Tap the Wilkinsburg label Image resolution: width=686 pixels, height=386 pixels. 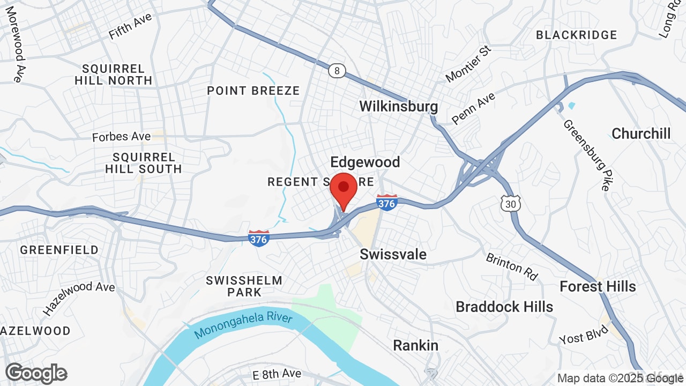pyautogui.click(x=398, y=106)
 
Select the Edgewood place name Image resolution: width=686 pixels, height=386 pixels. pyautogui.click(x=365, y=162)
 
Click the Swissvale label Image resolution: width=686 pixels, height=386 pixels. pyautogui.click(x=393, y=254)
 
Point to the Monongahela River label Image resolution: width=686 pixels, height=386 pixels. pyautogui.click(x=243, y=325)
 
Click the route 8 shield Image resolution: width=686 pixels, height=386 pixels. pyautogui.click(x=337, y=71)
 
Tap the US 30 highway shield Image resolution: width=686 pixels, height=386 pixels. pyautogui.click(x=511, y=203)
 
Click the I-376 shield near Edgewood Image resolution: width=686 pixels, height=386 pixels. pyautogui.click(x=386, y=203)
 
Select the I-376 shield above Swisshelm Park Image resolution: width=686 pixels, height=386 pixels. pyautogui.click(x=258, y=239)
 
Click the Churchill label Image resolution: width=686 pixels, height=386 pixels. pyautogui.click(x=641, y=133)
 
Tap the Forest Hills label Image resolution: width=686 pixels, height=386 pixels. pyautogui.click(x=598, y=286)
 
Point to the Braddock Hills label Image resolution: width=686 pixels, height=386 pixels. pyautogui.click(x=504, y=307)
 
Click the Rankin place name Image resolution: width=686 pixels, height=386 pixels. pyautogui.click(x=415, y=345)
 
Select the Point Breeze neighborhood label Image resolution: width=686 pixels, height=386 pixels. pyautogui.click(x=253, y=91)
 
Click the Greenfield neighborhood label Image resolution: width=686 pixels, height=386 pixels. pyautogui.click(x=59, y=250)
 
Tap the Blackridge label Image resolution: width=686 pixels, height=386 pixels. pyautogui.click(x=576, y=35)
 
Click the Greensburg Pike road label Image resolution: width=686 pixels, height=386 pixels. pyautogui.click(x=586, y=155)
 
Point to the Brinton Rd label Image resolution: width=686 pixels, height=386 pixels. pyautogui.click(x=511, y=267)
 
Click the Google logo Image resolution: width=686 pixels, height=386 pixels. pyautogui.click(x=36, y=374)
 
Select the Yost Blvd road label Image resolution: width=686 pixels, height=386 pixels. pyautogui.click(x=584, y=335)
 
